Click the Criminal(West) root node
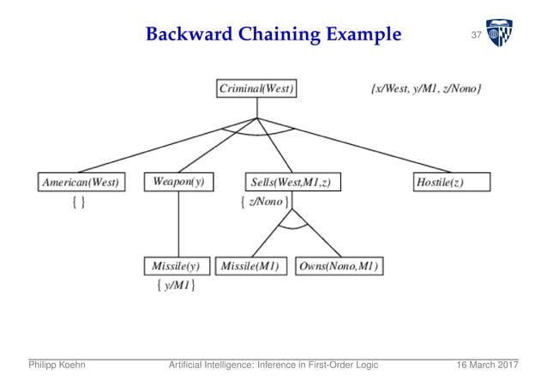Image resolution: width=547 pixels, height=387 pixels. tap(256, 88)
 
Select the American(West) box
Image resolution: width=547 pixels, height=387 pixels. tap(80, 182)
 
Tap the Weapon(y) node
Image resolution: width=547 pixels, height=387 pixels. tap(178, 182)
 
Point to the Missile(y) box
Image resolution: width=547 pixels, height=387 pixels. tap(177, 266)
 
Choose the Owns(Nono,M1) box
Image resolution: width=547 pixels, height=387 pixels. tap(339, 266)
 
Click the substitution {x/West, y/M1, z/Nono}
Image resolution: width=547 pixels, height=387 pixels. tap(426, 88)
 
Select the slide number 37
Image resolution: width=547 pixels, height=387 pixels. tap(476, 35)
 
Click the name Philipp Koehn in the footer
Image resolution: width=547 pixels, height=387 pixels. tap(57, 365)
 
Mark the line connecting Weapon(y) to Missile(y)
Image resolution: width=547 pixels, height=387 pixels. tap(178, 223)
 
